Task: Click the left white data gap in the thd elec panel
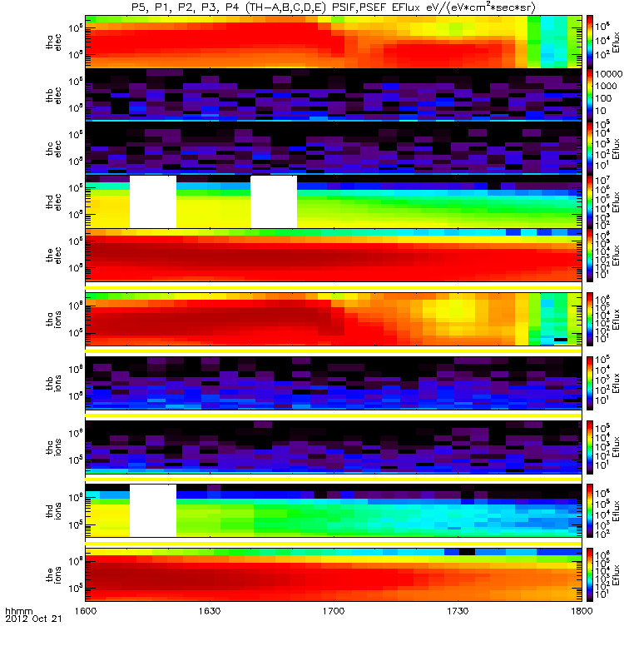152,201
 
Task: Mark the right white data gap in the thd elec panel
274,201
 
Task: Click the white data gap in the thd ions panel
152,510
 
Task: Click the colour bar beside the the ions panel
590,574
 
